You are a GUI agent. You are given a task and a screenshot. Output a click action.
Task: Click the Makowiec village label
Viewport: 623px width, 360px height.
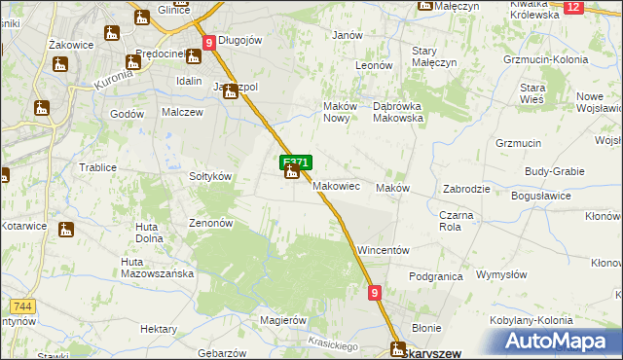coord(338,186)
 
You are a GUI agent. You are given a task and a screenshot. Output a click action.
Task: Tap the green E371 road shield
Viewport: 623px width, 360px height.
coord(296,162)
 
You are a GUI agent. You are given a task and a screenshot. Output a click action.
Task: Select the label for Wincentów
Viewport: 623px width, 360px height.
coord(383,250)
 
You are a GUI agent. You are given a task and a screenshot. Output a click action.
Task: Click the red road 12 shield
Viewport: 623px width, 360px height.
coord(572,7)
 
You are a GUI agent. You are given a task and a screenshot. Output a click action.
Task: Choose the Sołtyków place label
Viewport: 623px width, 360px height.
coord(209,176)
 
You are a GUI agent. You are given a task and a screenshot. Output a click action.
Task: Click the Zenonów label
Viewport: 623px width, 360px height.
coord(210,223)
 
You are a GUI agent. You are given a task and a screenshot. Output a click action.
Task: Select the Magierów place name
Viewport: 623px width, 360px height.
coord(277,319)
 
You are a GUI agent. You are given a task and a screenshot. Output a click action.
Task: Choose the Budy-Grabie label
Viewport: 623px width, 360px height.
coord(554,171)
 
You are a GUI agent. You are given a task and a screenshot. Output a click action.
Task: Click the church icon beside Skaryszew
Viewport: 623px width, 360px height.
coord(398,348)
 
